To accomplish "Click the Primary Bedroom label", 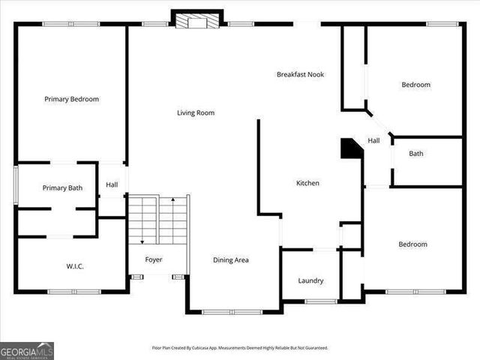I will pos(71,99).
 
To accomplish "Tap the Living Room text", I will pos(196,113).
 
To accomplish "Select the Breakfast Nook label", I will pos(300,74).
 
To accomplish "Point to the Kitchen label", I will pos(307,183).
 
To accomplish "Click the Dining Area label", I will pos(231,260).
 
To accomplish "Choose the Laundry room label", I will pos(310,280).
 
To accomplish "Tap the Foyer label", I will pos(154,259).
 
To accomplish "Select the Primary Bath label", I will pos(62,188).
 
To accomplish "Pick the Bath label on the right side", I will pos(415,154).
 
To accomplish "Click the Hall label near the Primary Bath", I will pos(112,184).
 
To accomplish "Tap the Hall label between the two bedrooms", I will pos(373,140).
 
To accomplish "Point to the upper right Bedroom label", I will pos(415,85).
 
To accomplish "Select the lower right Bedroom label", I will pos(412,244).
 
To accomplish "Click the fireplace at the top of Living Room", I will pos(197,20).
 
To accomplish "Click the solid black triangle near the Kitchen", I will pos(350,148).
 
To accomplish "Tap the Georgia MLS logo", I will pos(27,350).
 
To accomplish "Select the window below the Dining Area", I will pos(232,311).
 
